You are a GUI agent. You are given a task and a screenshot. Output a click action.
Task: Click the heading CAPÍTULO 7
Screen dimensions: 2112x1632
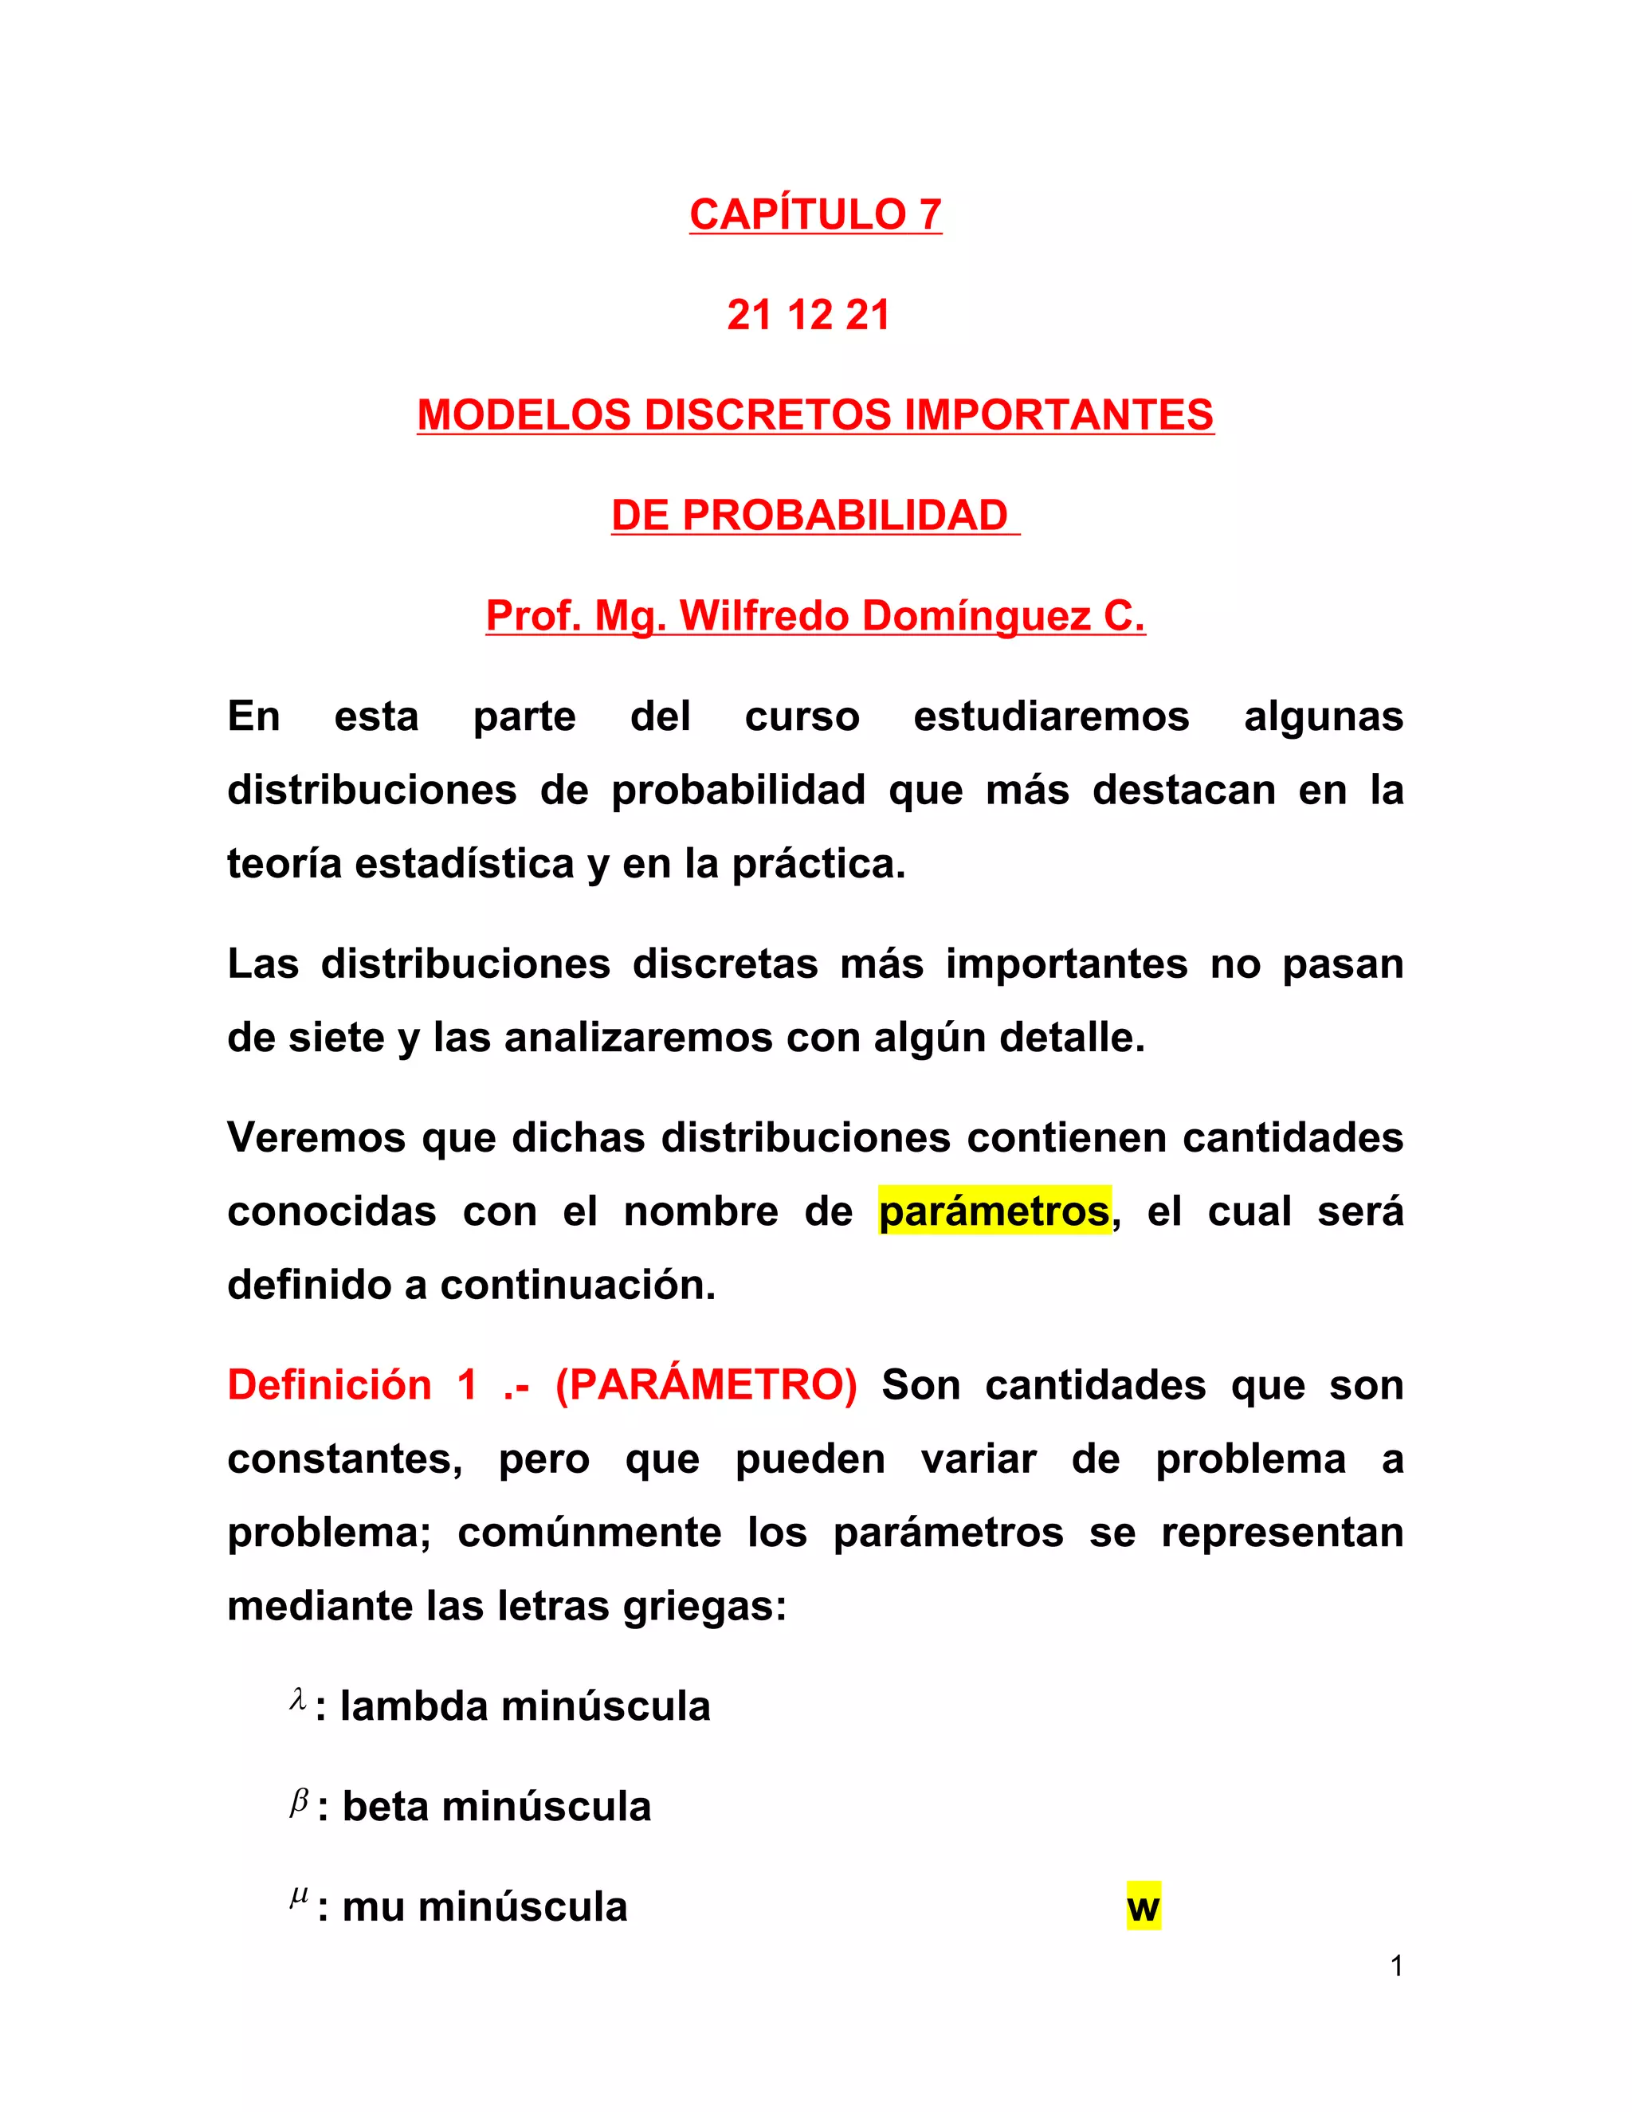coord(815,214)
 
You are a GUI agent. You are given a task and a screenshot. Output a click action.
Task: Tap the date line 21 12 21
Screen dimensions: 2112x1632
coord(808,316)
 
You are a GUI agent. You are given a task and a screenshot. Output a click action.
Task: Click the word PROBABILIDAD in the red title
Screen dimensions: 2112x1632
coord(844,516)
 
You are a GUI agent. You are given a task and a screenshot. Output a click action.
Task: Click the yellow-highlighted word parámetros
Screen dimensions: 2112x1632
coord(994,1211)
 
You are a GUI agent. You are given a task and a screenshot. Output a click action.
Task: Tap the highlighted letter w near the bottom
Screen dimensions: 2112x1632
coord(1143,1908)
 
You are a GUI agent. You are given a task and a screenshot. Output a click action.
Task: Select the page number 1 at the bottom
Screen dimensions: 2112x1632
coord(1396,1966)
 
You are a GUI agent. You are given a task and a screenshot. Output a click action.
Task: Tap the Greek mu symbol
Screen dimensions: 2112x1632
coord(299,1898)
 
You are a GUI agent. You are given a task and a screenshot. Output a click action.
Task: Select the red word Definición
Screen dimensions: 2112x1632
coord(329,1386)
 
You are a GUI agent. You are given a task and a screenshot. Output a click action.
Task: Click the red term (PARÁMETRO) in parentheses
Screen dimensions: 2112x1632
coord(706,1386)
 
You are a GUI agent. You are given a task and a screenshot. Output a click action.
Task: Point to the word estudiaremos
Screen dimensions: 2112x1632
coord(1051,717)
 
